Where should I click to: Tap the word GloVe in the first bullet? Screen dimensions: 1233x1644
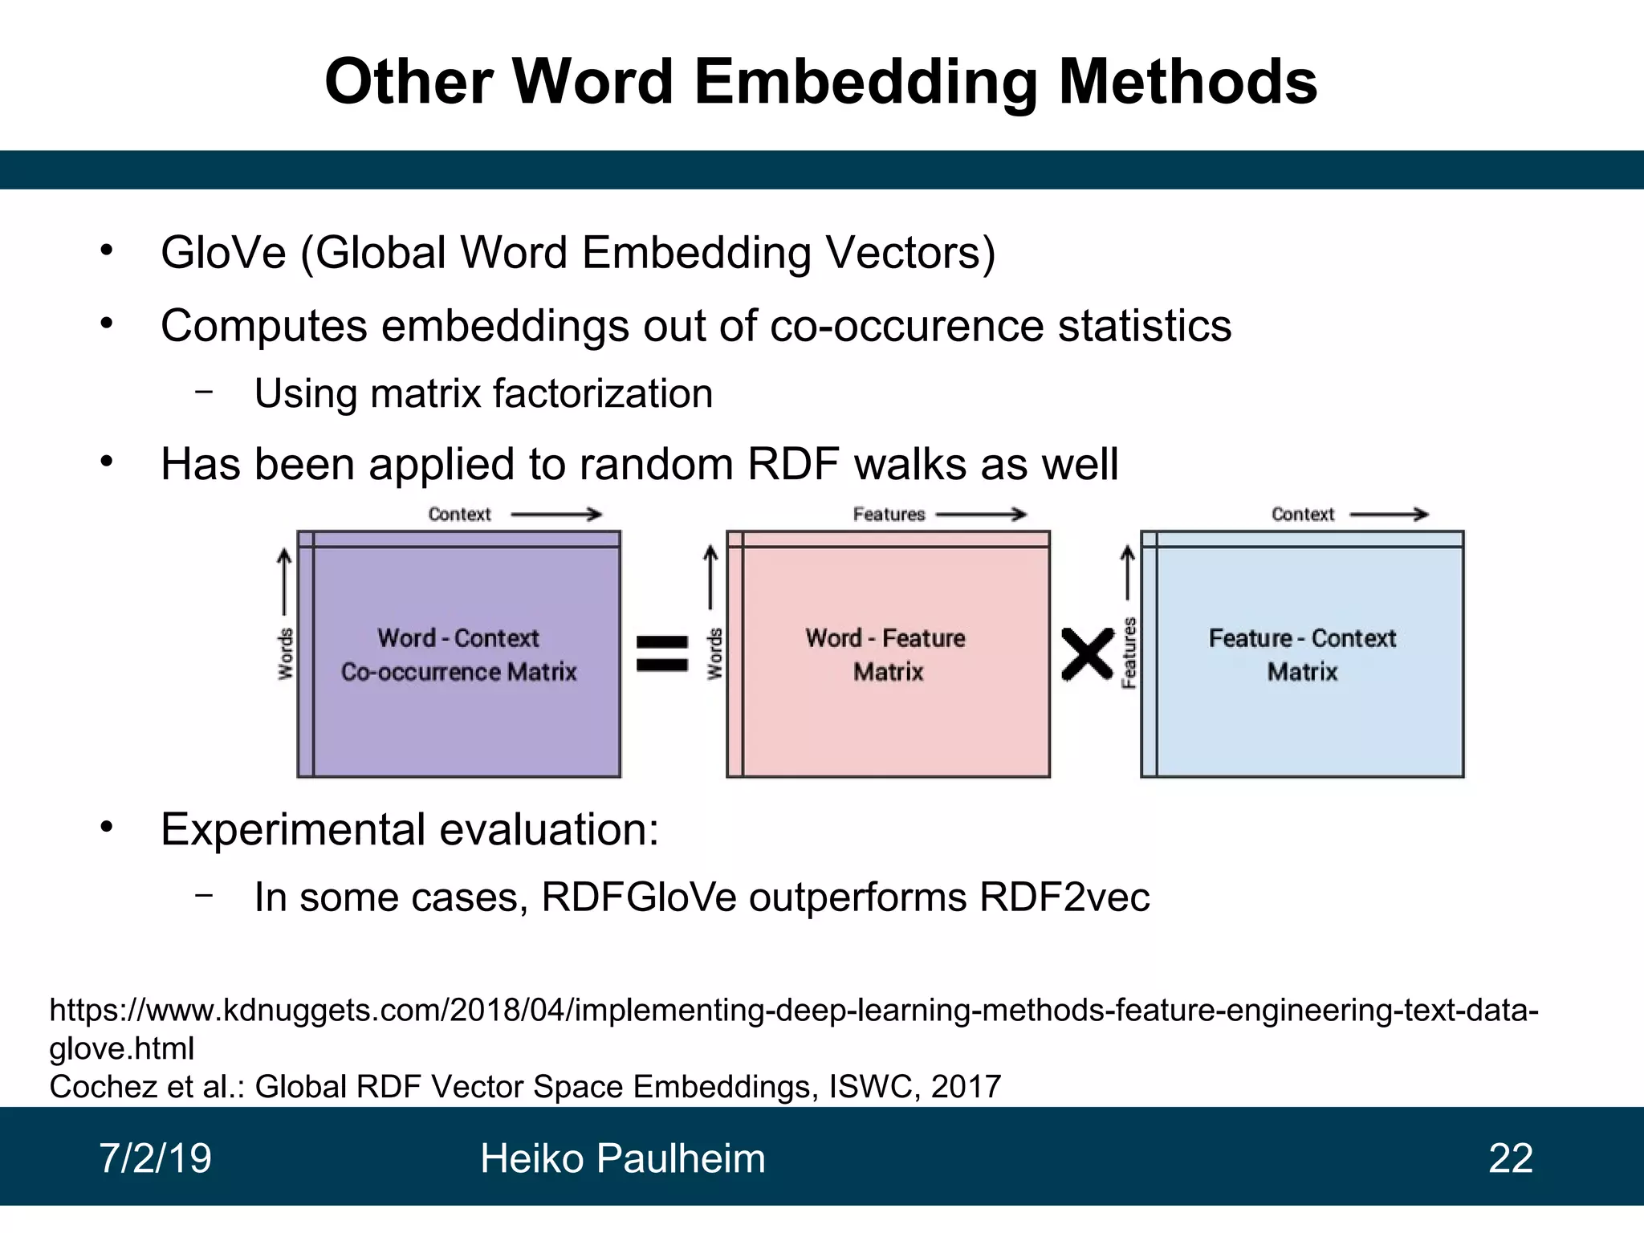click(223, 253)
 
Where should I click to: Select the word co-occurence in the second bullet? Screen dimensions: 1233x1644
click(906, 326)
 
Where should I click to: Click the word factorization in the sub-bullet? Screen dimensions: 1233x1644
click(603, 394)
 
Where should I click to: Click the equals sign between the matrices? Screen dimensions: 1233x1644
click(662, 653)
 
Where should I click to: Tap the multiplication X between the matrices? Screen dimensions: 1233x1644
click(1088, 654)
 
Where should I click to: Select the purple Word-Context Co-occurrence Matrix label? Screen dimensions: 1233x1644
click(458, 654)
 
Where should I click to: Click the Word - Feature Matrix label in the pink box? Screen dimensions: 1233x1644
click(886, 654)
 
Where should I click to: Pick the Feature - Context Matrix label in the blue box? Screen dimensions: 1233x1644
click(1302, 654)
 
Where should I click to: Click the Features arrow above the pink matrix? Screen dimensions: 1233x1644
click(981, 515)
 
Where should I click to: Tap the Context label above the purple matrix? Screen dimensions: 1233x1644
click(459, 515)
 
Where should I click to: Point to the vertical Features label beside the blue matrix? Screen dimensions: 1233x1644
click(1129, 653)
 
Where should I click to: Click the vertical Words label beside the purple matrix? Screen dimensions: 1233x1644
click(286, 654)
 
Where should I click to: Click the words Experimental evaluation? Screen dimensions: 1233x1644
click(409, 830)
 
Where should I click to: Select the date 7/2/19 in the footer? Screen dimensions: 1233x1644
click(155, 1158)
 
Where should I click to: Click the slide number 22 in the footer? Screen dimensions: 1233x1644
click(1510, 1158)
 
